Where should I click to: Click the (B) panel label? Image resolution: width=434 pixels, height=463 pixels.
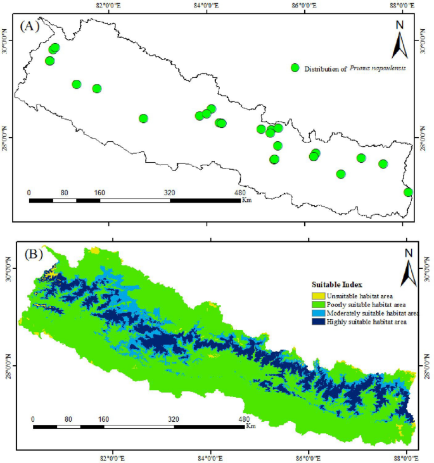[x=33, y=255]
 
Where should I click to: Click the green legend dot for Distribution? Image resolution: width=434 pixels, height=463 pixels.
[x=295, y=68]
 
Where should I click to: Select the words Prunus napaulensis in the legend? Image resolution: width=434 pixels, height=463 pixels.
[x=377, y=68]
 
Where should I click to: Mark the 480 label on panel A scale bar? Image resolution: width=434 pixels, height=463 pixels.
[x=239, y=192]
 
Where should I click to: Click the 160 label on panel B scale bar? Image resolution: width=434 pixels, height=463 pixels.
[x=104, y=419]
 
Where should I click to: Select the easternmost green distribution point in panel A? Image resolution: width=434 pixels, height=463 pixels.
[x=409, y=192]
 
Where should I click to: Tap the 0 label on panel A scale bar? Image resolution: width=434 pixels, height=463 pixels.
[x=29, y=192]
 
